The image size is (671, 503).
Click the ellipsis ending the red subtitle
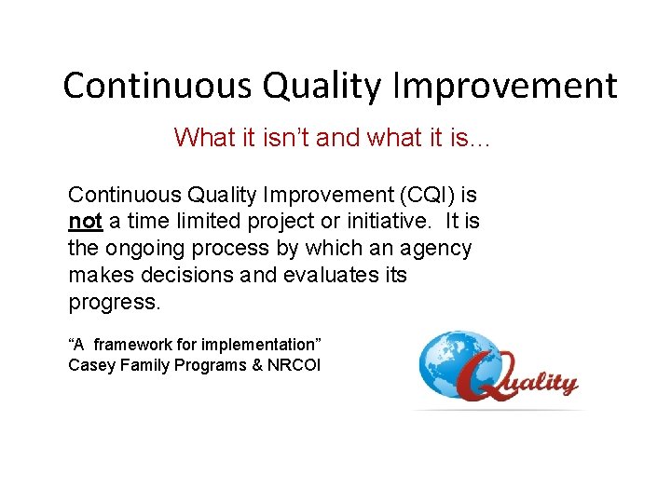click(x=483, y=141)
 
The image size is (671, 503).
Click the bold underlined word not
click(x=84, y=223)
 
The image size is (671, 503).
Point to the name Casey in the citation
click(x=89, y=365)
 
